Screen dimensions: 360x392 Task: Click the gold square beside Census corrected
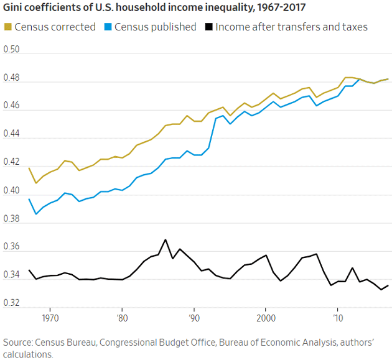point(7,27)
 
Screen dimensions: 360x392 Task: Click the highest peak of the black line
point(166,239)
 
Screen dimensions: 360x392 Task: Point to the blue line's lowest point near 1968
point(36,214)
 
